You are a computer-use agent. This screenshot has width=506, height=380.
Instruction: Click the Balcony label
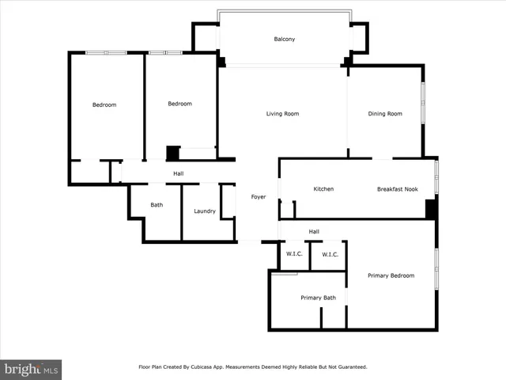(x=284, y=39)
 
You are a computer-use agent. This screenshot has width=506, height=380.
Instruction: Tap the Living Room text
(x=281, y=114)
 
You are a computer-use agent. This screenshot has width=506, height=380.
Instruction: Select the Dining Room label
(x=385, y=114)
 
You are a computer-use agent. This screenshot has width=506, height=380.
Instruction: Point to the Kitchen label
(x=323, y=189)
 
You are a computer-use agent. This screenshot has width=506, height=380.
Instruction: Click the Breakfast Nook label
(x=397, y=189)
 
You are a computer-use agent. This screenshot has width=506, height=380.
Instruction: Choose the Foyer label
(x=259, y=196)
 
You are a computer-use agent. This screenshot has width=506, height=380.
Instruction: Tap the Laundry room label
(x=205, y=211)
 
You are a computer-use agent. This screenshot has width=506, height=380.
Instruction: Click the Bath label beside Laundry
(x=157, y=205)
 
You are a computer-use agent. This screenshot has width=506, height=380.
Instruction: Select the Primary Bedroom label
(x=391, y=275)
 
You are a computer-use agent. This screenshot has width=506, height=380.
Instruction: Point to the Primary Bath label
(x=318, y=298)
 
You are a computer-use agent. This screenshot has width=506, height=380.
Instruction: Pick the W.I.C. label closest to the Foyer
(x=294, y=255)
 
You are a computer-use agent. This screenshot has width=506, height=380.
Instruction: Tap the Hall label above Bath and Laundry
(x=179, y=173)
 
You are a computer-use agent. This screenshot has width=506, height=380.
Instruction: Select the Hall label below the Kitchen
(x=314, y=231)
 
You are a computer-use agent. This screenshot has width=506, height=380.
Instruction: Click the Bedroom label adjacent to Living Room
(x=180, y=104)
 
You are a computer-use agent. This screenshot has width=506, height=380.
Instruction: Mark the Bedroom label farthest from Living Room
(x=104, y=104)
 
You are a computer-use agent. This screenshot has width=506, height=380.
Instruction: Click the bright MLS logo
(x=31, y=368)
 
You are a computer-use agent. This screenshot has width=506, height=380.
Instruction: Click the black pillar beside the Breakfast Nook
(x=431, y=209)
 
